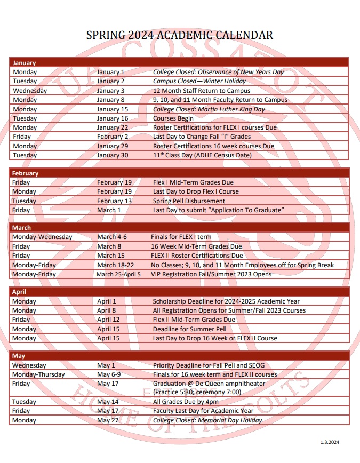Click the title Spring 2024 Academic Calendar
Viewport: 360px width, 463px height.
pos(180,35)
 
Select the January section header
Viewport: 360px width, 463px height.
pos(24,62)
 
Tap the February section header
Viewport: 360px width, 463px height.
pos(25,173)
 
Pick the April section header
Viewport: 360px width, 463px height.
pos(19,292)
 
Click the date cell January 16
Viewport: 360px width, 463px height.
pos(113,118)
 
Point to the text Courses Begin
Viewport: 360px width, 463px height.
pos(173,118)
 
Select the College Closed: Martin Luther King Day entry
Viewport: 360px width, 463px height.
pos(209,109)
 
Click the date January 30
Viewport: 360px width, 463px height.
pos(113,155)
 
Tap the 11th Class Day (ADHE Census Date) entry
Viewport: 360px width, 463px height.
pos(202,155)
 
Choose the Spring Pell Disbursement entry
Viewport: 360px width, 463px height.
pos(189,201)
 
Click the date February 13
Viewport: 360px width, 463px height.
pos(114,201)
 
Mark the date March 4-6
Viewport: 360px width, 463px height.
pos(112,237)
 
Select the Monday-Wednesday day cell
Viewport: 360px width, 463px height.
pos(42,237)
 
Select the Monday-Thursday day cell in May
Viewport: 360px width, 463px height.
pos(38,374)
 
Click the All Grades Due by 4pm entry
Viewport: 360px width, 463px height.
pos(186,402)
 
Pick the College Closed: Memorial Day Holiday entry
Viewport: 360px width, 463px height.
pos(207,420)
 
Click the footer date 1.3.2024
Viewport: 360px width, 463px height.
pos(330,442)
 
